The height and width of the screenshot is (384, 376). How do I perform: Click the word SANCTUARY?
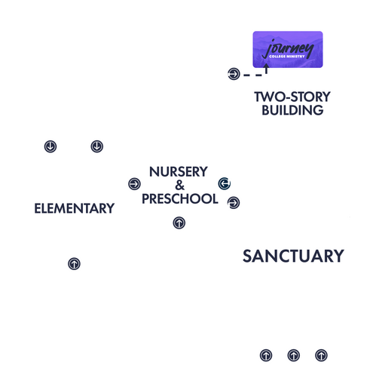pos(293,256)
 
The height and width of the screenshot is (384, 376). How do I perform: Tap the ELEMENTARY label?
pos(75,208)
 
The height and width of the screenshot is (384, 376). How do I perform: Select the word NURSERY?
pos(179,172)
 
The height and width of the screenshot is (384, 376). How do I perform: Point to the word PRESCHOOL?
pos(180,198)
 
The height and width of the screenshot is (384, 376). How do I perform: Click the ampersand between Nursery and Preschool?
pos(179,186)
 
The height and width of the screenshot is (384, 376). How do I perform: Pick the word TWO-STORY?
pos(292,97)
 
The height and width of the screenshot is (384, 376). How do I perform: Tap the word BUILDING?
pos(292,110)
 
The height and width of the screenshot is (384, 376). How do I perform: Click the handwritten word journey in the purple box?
pos(288,48)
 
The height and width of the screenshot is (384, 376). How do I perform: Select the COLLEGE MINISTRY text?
pos(287,57)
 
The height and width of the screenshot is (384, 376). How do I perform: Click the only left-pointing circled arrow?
pos(225,183)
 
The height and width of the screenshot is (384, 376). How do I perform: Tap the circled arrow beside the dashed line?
pos(234,74)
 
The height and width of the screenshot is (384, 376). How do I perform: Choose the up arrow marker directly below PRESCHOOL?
pos(179,223)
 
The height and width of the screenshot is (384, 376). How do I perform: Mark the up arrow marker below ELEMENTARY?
pos(74,264)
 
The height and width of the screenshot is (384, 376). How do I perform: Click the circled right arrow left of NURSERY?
pos(134,184)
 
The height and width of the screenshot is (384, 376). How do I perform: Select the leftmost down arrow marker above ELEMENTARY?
pos(50,146)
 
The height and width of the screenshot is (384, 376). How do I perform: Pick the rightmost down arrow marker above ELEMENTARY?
pos(97,146)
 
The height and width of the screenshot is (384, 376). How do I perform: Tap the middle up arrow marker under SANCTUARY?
pos(294,355)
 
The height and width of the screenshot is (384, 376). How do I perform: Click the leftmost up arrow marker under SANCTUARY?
pos(266,355)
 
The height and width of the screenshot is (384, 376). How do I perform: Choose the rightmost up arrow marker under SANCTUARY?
pos(321,355)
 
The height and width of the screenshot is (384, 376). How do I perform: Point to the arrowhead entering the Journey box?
pos(266,66)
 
